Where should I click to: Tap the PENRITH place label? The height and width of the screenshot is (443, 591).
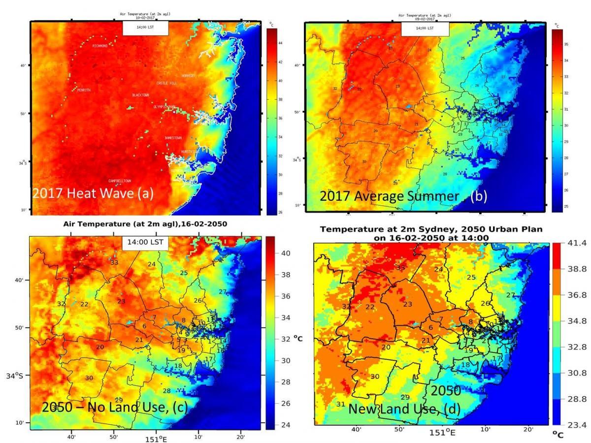point(84,90)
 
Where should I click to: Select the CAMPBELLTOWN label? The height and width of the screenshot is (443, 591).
point(120,181)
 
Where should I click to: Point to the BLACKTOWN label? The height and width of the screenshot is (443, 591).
point(140,95)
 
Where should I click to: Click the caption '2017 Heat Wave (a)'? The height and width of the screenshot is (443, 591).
point(93,193)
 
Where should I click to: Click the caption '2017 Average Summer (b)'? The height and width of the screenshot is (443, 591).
point(403,196)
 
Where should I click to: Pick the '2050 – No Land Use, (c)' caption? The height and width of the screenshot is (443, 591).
point(114,407)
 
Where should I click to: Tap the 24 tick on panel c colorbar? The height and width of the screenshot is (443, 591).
point(285,425)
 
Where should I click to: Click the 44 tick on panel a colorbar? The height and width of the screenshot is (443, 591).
point(280,43)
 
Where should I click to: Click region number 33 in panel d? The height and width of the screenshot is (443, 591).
point(400,267)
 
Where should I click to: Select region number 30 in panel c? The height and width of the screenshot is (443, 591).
point(89,378)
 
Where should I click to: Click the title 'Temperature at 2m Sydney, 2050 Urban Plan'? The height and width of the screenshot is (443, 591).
point(431,230)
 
